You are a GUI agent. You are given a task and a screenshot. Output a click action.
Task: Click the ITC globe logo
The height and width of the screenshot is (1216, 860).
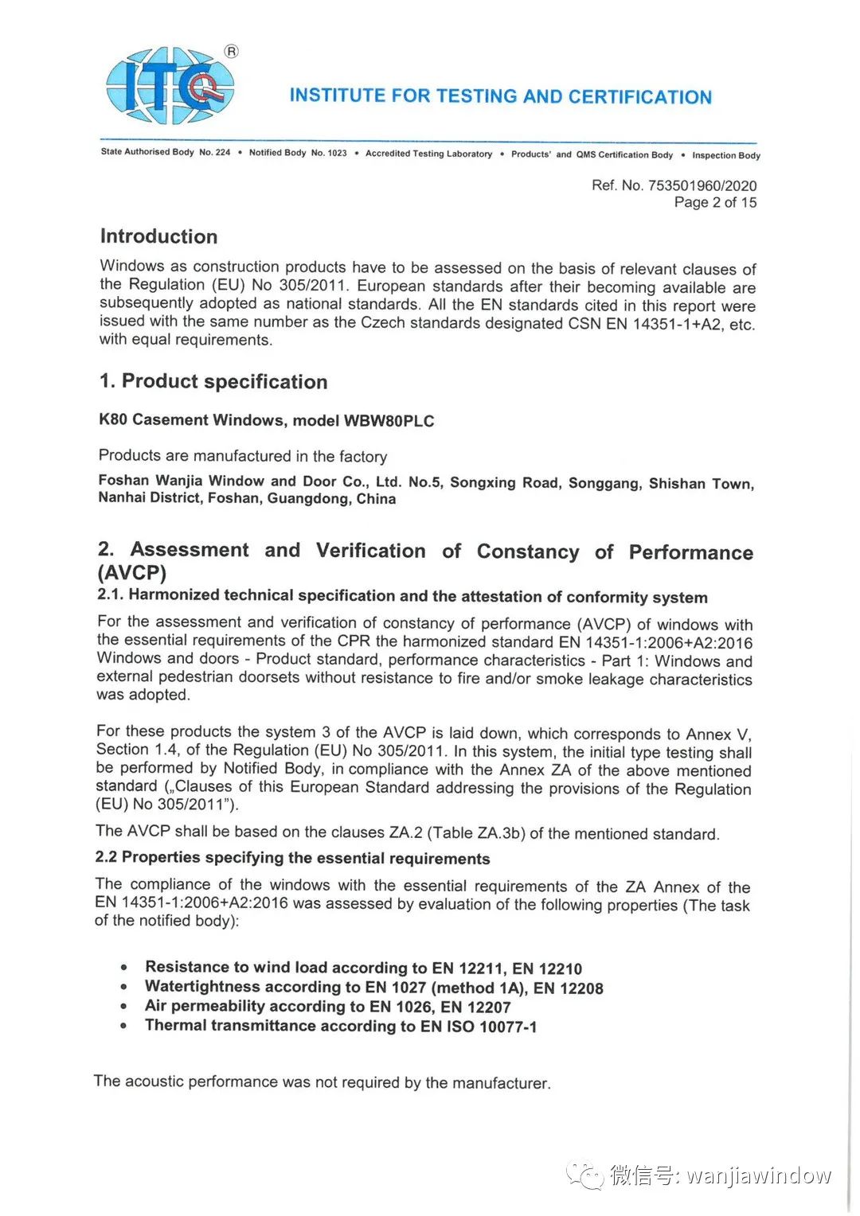click(x=170, y=86)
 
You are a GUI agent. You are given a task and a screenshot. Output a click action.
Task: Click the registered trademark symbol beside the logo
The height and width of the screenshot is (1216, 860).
click(x=231, y=52)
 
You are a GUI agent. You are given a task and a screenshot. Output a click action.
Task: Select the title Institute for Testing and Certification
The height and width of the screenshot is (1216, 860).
click(x=500, y=96)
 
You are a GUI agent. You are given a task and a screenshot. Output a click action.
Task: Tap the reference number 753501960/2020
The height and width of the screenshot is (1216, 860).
click(x=702, y=185)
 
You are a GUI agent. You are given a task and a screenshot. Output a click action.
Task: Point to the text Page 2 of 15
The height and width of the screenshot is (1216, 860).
click(x=715, y=202)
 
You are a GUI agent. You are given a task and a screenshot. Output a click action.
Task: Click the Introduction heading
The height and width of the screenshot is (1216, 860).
click(x=158, y=236)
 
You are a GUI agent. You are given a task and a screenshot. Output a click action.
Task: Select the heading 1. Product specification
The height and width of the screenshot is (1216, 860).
click(x=213, y=381)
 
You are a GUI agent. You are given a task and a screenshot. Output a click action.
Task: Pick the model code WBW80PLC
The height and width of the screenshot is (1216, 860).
click(x=389, y=421)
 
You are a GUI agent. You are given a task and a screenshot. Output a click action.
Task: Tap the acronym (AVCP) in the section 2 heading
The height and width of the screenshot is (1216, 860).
click(x=131, y=573)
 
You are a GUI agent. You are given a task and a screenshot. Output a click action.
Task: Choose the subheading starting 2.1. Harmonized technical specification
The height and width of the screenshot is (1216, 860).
click(x=402, y=596)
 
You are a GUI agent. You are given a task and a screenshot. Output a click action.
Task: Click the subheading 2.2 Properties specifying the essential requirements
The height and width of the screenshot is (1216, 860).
click(x=292, y=858)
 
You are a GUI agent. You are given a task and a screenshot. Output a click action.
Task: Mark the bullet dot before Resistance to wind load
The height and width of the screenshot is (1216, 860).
click(x=123, y=968)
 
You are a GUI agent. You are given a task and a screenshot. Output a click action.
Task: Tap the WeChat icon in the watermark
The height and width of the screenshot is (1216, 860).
click(x=585, y=1175)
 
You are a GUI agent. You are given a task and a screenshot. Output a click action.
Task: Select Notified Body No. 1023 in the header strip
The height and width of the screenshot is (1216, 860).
click(x=298, y=153)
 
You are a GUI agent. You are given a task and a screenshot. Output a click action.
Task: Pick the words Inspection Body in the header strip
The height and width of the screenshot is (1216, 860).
click(x=725, y=155)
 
